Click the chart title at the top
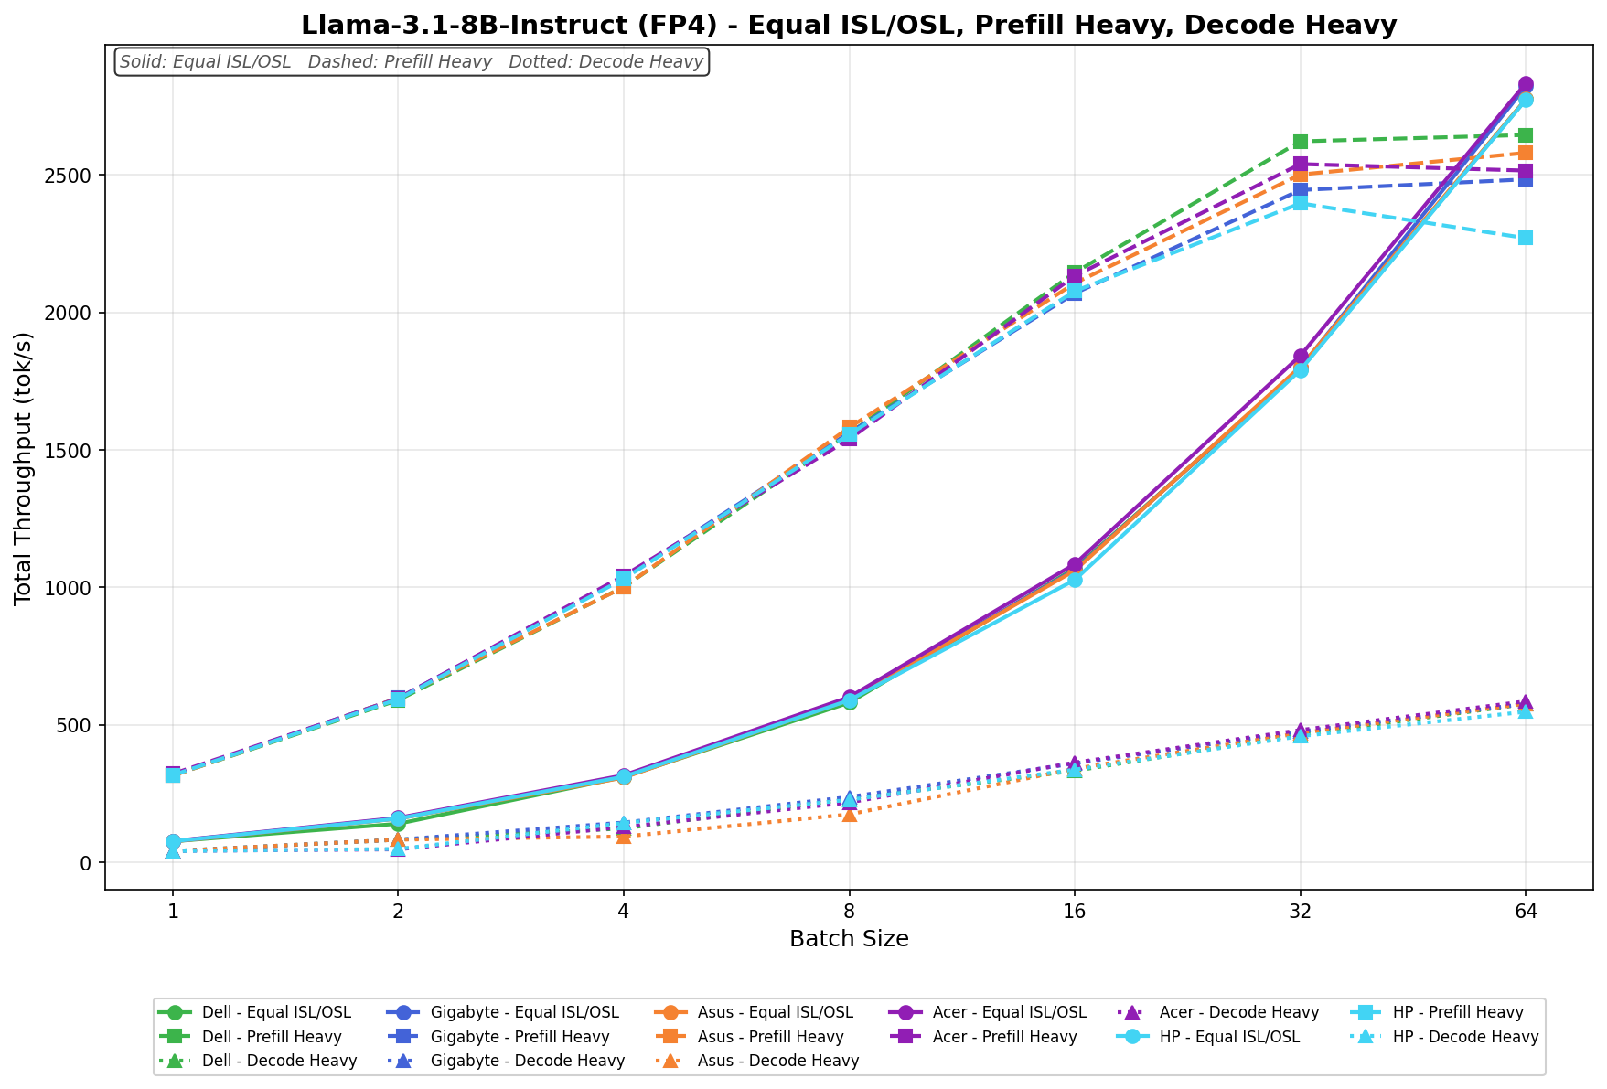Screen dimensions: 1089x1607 (848, 25)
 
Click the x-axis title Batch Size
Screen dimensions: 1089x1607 (848, 939)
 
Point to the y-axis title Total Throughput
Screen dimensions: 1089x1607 (24, 467)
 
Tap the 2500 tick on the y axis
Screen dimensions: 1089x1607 (74, 176)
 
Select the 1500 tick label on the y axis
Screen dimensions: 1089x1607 (74, 451)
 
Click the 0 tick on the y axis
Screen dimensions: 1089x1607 (88, 863)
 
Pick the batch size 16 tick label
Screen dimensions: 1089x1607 (1074, 912)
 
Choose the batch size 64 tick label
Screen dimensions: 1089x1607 (1525, 912)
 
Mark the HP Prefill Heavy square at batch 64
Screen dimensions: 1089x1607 (1525, 238)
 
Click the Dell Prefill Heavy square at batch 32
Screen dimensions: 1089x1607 (1300, 142)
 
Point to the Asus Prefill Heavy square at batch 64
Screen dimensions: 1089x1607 (1525, 153)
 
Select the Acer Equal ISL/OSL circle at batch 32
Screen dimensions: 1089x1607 (1300, 357)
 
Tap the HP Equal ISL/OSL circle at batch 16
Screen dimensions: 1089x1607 (1075, 580)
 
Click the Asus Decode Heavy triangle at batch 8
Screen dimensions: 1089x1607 (849, 814)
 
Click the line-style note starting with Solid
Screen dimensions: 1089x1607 (412, 62)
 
